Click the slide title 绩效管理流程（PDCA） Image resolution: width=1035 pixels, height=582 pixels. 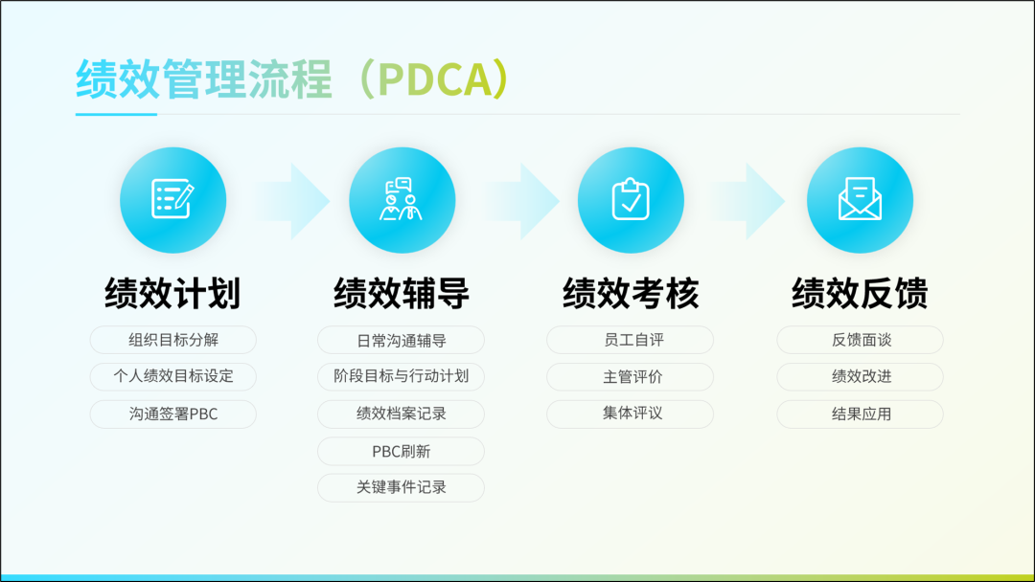pyautogui.click(x=292, y=79)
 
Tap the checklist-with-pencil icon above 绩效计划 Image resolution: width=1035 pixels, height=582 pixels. pyautogui.click(x=172, y=198)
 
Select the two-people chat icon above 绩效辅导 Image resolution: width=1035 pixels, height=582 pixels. pyautogui.click(x=402, y=198)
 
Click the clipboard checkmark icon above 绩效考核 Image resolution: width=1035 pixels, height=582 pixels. pyautogui.click(x=631, y=198)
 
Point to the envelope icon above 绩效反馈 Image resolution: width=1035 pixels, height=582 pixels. pyautogui.click(x=860, y=198)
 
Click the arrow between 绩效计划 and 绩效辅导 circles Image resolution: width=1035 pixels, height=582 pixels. pyautogui.click(x=294, y=201)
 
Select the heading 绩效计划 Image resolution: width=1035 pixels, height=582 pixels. pyautogui.click(x=172, y=293)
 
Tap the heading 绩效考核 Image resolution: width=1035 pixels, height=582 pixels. pyautogui.click(x=631, y=293)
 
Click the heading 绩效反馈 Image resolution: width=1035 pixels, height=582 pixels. pyautogui.click(x=860, y=293)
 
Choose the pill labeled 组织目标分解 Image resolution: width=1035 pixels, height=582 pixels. pyautogui.click(x=172, y=340)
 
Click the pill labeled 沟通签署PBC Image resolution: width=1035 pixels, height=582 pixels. pyautogui.click(x=172, y=414)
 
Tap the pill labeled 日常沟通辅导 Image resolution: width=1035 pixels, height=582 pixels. pyautogui.click(x=401, y=340)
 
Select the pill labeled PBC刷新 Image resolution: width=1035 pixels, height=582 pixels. pyautogui.click(x=401, y=452)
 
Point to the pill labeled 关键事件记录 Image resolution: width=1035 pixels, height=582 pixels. pyautogui.click(x=401, y=488)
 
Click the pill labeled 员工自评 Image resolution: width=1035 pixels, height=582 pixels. pyautogui.click(x=630, y=340)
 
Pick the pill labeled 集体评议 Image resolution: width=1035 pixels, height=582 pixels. pyautogui.click(x=630, y=414)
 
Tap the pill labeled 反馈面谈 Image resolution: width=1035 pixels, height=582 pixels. pyautogui.click(x=860, y=340)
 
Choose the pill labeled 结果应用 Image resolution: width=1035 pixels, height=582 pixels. pyautogui.click(x=860, y=414)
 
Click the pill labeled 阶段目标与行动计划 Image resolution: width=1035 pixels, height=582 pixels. pyautogui.click(x=401, y=377)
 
